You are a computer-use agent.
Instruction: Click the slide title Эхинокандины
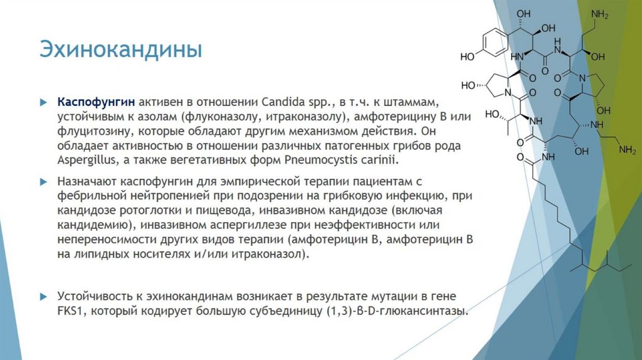point(121,49)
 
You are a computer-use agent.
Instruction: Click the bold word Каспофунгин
point(96,102)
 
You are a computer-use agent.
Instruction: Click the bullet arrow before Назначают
point(43,181)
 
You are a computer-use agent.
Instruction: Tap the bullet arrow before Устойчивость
point(43,297)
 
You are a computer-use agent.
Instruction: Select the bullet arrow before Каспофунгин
point(43,102)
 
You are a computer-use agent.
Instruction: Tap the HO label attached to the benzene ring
point(468,56)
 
